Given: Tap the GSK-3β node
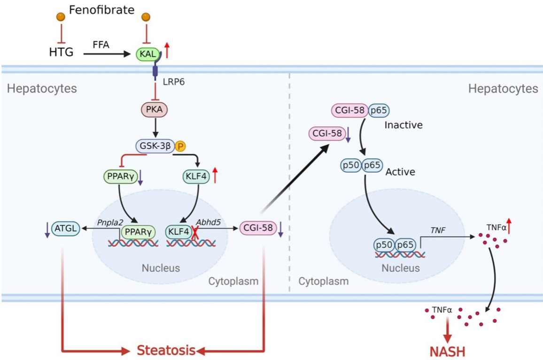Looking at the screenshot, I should (155, 146).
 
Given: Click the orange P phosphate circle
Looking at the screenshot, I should (180, 146).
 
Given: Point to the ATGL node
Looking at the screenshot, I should (66, 229).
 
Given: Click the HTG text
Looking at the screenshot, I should (61, 52).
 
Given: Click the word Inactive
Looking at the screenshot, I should (403, 125).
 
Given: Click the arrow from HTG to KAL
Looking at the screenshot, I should (108, 54).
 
